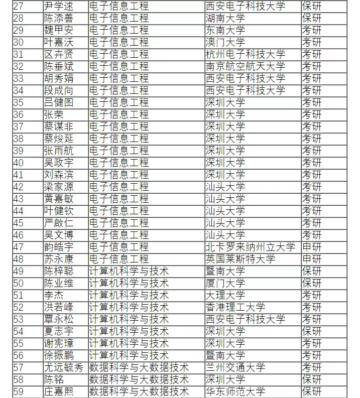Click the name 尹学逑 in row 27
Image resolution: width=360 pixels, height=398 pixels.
pos(59,6)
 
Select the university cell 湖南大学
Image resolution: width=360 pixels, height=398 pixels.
pos(225,18)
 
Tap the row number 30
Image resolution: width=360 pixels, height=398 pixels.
pos(19,42)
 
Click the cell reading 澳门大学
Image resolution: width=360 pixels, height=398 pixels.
pos(225,42)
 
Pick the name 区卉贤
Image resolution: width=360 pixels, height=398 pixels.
pos(59,54)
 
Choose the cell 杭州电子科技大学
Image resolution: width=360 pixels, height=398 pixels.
pos(246,54)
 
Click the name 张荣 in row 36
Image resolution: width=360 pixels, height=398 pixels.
pos(54,114)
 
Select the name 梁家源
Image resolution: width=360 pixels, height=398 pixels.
pos(59,187)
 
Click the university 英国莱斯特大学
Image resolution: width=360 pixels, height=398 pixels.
pos(241,259)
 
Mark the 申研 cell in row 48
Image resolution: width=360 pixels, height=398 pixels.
pos(311,259)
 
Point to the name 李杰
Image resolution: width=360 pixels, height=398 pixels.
pos(54,295)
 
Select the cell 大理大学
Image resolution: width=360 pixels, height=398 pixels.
pos(225,295)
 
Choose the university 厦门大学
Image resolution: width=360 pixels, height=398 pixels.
pos(225,283)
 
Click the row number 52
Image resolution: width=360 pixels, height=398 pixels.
pos(19,307)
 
